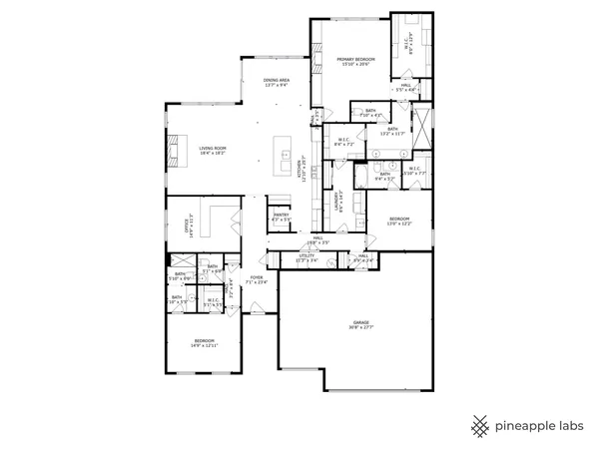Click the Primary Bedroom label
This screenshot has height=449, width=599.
pyautogui.click(x=353, y=61)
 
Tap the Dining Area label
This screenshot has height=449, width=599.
pyautogui.click(x=277, y=82)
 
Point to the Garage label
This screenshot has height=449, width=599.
pyautogui.click(x=360, y=324)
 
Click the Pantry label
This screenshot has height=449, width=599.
pyautogui.click(x=281, y=217)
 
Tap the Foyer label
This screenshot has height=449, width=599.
pyautogui.click(x=258, y=280)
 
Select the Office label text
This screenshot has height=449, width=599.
pyautogui.click(x=187, y=226)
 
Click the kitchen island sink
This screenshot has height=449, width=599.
pyautogui.click(x=286, y=156)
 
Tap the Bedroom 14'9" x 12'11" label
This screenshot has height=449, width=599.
pyautogui.click(x=204, y=342)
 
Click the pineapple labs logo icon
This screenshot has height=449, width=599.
pyautogui.click(x=480, y=425)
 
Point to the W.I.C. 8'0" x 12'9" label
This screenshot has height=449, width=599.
pyautogui.click(x=407, y=44)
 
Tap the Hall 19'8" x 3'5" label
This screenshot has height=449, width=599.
pyautogui.click(x=317, y=239)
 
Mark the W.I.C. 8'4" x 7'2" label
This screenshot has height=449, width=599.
pyautogui.click(x=343, y=142)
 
